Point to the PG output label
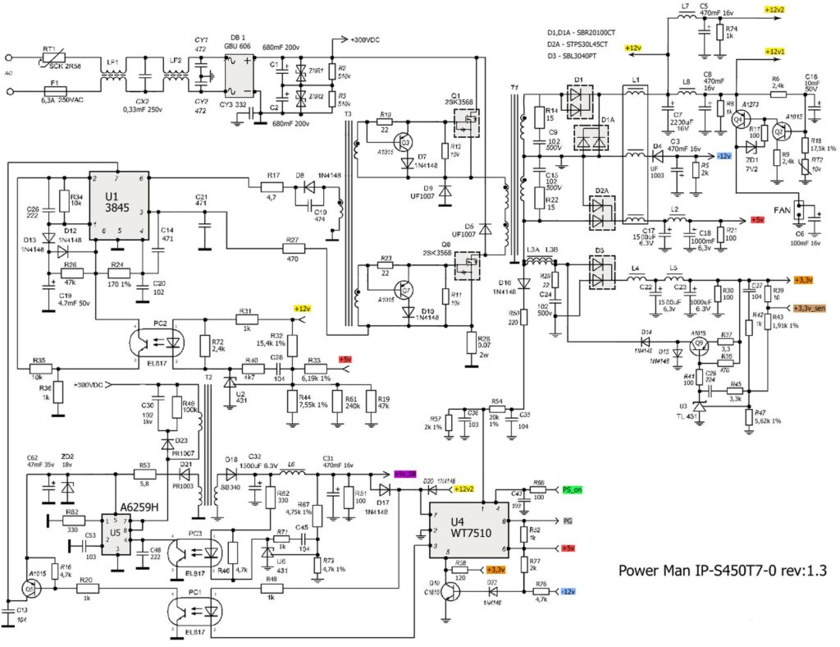[566, 521]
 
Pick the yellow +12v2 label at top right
[774, 9]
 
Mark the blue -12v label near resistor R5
[724, 156]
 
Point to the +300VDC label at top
[369, 39]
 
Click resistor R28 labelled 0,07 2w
[471, 342]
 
